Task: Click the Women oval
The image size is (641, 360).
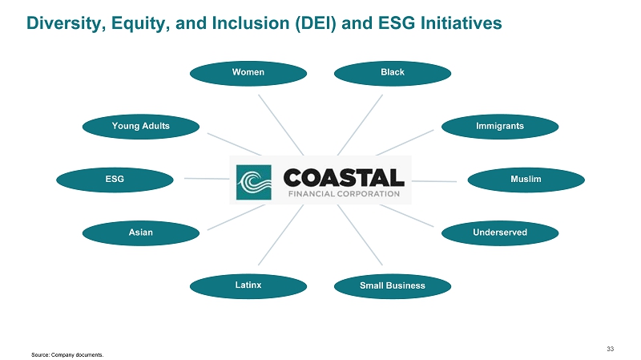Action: [248, 73]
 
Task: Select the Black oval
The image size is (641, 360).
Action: [393, 73]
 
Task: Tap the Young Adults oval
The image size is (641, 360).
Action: [141, 127]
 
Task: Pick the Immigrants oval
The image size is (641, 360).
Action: [499, 127]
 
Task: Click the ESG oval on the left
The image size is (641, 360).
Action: [115, 180]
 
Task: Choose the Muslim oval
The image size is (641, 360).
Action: [526, 180]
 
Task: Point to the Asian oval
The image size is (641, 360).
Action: [141, 233]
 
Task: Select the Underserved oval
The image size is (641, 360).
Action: [499, 233]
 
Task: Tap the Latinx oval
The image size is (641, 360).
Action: [248, 285]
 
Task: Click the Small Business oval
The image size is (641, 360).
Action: [393, 285]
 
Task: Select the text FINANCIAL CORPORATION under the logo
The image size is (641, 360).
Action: [341, 193]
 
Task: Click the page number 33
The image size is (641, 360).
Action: [611, 348]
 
